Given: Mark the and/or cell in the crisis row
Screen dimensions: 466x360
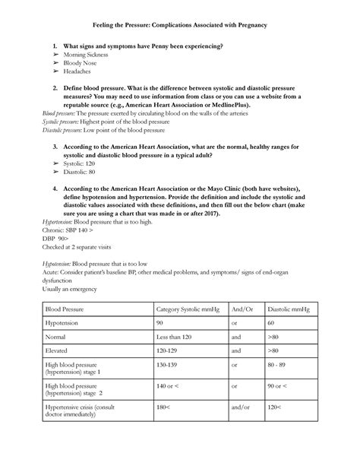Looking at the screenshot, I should (241, 429).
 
